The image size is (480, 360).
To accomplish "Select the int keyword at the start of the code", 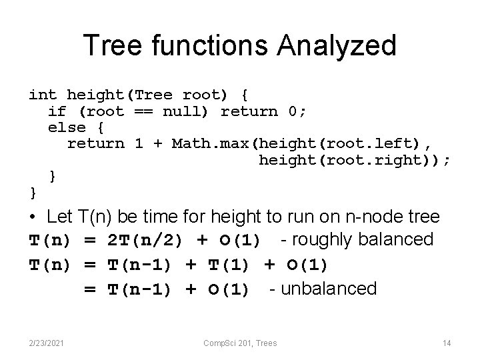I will (x=43, y=95).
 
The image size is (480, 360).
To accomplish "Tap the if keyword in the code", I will (x=57, y=111).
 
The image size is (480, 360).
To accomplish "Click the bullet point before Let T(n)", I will (x=33, y=217).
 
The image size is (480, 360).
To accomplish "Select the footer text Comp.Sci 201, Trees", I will (x=240, y=343).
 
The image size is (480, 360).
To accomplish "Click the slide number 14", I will (x=447, y=343).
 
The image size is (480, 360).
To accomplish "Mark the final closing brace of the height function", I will (x=33, y=193).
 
